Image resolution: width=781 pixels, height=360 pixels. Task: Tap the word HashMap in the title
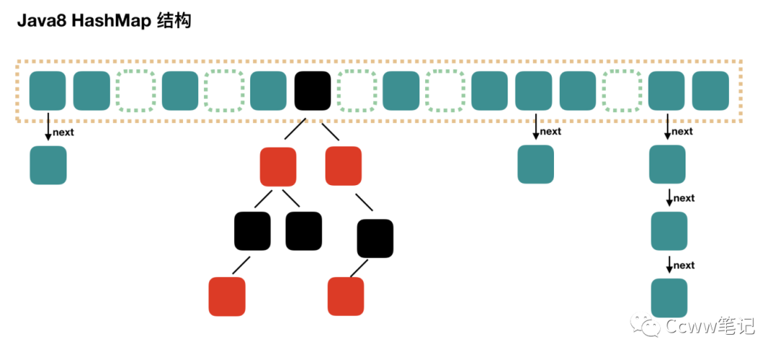(106, 21)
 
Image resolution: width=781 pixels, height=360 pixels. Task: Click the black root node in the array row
(312, 90)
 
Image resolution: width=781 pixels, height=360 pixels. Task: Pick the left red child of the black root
(278, 166)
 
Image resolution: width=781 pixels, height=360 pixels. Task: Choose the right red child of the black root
(343, 166)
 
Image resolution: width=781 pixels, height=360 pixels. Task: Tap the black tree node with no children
(304, 231)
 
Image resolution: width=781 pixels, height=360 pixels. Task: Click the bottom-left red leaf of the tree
(227, 296)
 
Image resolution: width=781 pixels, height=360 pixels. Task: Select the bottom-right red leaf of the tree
(346, 296)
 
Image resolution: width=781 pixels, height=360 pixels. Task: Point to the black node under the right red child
(375, 239)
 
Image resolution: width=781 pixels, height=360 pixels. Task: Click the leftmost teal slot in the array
(48, 90)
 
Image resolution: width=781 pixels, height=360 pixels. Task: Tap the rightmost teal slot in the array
(710, 90)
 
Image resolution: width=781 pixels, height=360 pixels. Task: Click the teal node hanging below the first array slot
(48, 165)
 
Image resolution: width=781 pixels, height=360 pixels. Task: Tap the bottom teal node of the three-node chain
(669, 298)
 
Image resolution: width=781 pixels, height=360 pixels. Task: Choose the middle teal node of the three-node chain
(669, 231)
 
